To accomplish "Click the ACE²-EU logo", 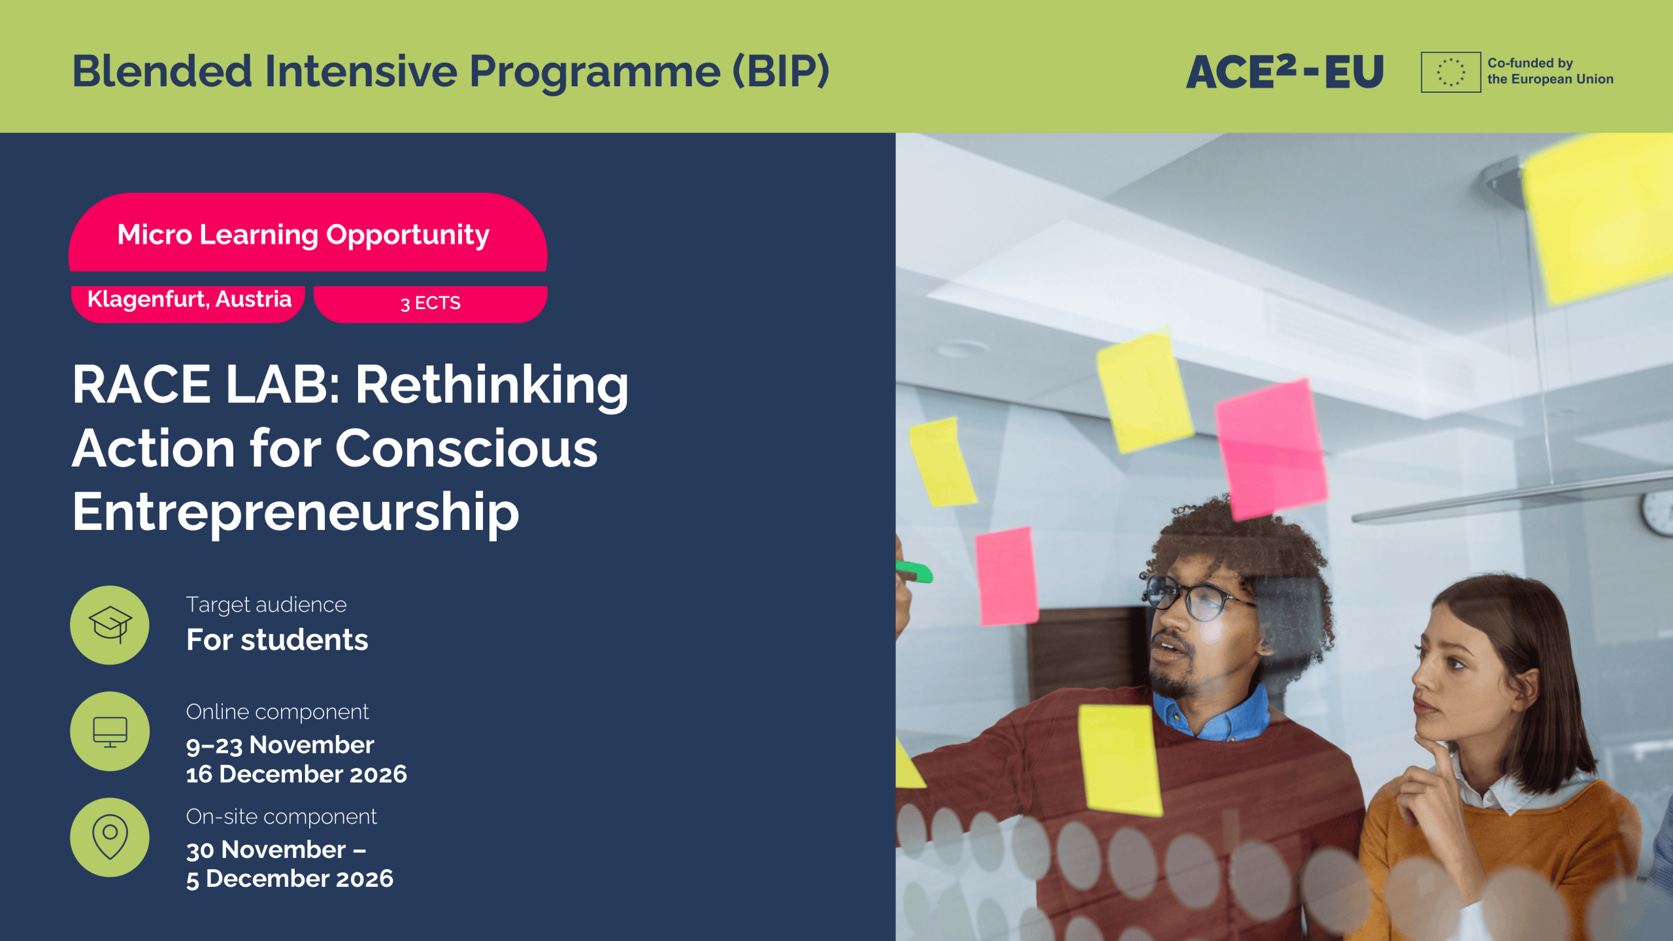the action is (1285, 71).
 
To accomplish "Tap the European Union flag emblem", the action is (1451, 72).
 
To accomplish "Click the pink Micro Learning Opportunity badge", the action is (308, 232).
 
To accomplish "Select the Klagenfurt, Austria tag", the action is (188, 303).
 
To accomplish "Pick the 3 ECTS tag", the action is (431, 304).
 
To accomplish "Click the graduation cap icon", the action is (110, 625).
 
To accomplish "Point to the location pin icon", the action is (110, 836).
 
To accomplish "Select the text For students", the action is (277, 640).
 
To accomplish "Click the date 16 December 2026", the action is (297, 774).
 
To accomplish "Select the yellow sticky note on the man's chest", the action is (1120, 760).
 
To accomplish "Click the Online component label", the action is (277, 712).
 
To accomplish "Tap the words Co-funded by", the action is (1530, 63).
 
